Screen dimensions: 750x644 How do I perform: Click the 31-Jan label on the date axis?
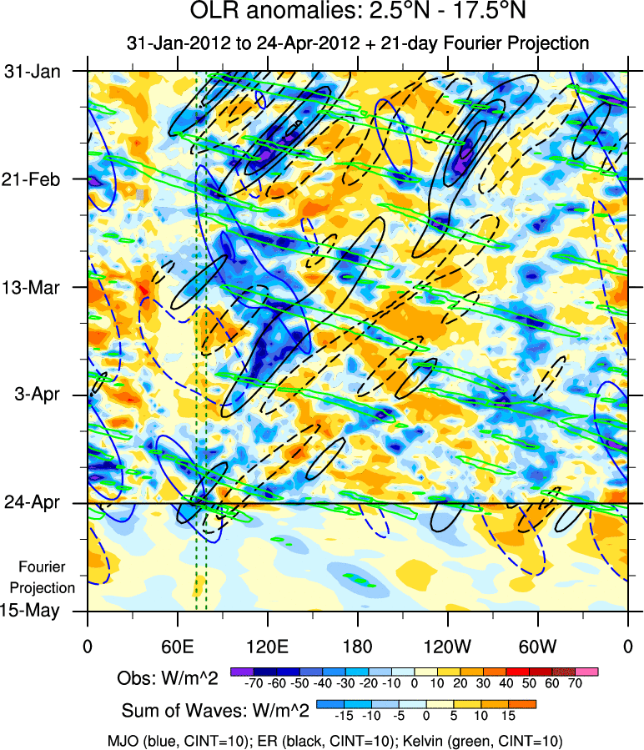click(33, 71)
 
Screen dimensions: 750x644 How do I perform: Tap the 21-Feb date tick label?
click(33, 179)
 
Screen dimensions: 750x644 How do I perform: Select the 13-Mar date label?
click(33, 287)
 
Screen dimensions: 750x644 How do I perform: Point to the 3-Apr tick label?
click(36, 395)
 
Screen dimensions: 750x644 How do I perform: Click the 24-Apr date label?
click(33, 503)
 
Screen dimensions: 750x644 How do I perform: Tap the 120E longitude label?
click(267, 647)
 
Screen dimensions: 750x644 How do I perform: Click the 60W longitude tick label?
click(537, 647)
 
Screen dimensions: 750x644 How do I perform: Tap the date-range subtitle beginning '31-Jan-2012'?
click(357, 43)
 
